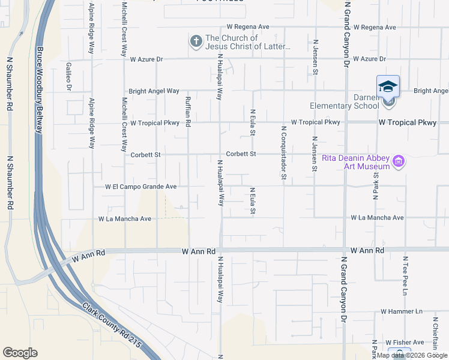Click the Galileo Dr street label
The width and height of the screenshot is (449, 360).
tap(69, 76)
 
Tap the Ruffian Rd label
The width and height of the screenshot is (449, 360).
tap(188, 113)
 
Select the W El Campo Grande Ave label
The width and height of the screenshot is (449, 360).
tap(140, 187)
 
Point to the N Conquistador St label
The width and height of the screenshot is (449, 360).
tap(283, 153)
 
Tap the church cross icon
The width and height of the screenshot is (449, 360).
tap(195, 41)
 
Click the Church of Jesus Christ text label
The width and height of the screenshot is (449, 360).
tap(248, 42)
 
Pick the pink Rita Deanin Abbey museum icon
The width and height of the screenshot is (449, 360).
tap(397, 161)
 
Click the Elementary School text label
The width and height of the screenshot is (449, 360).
tap(344, 106)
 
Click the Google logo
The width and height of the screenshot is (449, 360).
tap(20, 353)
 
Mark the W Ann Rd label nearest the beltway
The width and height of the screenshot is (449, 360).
tap(88, 256)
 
